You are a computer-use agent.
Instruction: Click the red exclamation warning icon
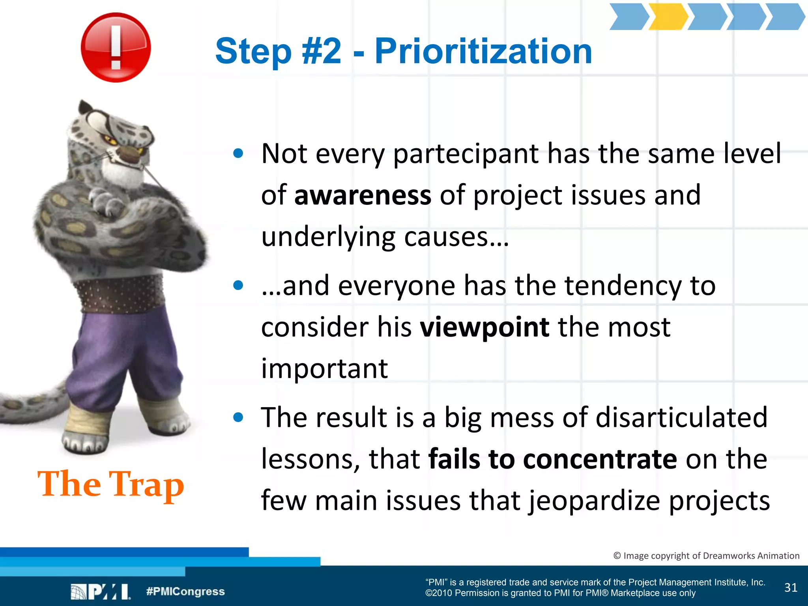pyautogui.click(x=116, y=47)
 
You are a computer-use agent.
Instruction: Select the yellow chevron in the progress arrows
pyautogui.click(x=668, y=17)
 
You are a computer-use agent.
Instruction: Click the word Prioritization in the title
pyautogui.click(x=483, y=51)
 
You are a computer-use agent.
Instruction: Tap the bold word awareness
pyautogui.click(x=363, y=195)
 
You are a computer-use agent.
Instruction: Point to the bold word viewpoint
pyautogui.click(x=484, y=327)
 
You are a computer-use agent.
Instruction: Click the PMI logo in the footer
pyautogui.click(x=101, y=592)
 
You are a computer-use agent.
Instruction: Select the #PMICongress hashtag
pyautogui.click(x=185, y=591)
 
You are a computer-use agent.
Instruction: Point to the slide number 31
pyautogui.click(x=791, y=587)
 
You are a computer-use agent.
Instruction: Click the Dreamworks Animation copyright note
pyautogui.click(x=706, y=555)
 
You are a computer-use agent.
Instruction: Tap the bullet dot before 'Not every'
pyautogui.click(x=238, y=153)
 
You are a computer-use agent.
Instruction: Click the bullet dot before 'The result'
pyautogui.click(x=238, y=417)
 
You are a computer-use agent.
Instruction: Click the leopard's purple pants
pyautogui.click(x=118, y=355)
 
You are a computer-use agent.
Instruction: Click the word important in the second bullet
pyautogui.click(x=324, y=369)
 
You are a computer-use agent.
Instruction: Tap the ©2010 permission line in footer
pyautogui.click(x=560, y=593)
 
